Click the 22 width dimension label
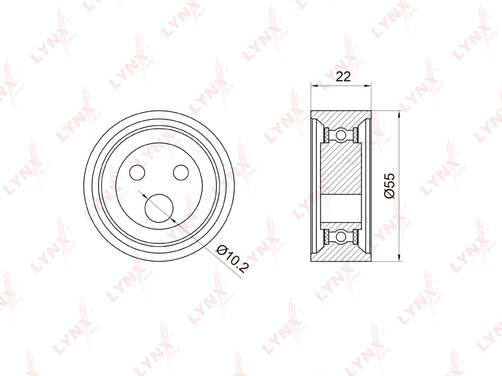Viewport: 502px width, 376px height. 343,77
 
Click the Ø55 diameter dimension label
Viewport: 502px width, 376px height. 390,186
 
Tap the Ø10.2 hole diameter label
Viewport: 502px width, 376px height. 232,259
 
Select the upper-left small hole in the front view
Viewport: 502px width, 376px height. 137,172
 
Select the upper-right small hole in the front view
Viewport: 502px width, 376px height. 181,172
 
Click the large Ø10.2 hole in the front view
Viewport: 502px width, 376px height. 159,208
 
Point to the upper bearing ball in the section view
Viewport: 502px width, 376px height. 341,134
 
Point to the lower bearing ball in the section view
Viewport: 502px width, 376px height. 341,237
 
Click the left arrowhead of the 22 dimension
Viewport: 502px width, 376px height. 314,85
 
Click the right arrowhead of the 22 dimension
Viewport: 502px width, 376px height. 368,85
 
